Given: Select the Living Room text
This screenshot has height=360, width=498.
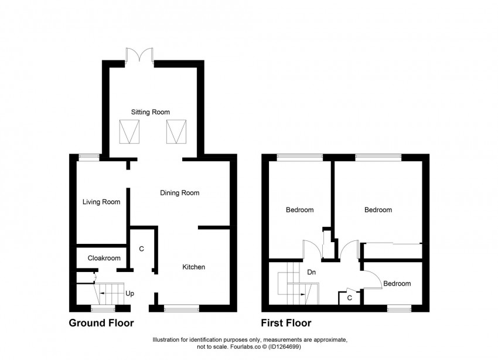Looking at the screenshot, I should pyautogui.click(x=101, y=202).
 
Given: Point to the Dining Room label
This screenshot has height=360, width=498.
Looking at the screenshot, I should pyautogui.click(x=180, y=192).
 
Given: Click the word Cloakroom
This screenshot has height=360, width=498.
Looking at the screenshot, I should pyautogui.click(x=104, y=257).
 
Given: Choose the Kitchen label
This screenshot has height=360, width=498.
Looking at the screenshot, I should pyautogui.click(x=193, y=267).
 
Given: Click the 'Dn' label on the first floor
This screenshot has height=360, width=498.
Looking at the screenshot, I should pyautogui.click(x=312, y=273).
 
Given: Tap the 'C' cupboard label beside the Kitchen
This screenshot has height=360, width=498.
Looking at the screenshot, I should pyautogui.click(x=141, y=249).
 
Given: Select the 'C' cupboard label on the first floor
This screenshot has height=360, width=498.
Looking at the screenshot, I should pyautogui.click(x=349, y=298).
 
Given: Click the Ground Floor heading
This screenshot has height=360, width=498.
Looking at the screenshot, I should pyautogui.click(x=101, y=323).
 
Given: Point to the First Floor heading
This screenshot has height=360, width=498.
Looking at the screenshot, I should pyautogui.click(x=286, y=323).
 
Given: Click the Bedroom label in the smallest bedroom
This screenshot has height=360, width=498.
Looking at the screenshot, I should pyautogui.click(x=397, y=284).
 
